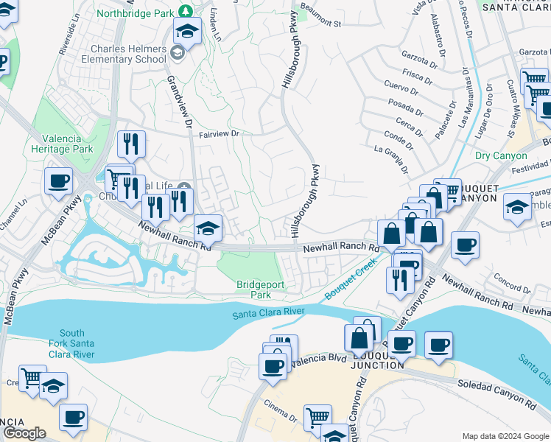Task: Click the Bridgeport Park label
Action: [255, 290]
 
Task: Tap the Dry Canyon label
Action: [501, 156]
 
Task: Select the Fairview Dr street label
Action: [220, 134]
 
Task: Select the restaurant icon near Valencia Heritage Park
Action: [131, 144]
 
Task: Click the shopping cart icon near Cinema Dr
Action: [317, 417]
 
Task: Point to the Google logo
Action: [24, 433]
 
